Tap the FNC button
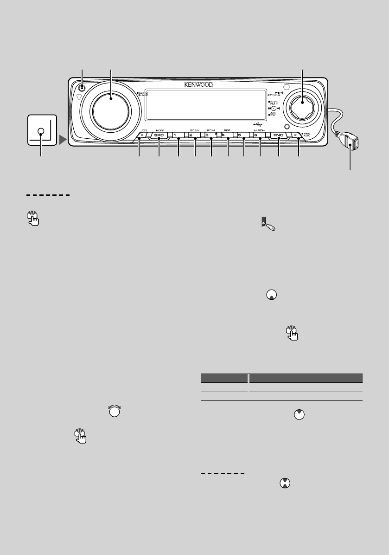click(278, 136)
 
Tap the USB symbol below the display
click(258, 124)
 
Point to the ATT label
click(144, 131)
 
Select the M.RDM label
click(259, 131)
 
